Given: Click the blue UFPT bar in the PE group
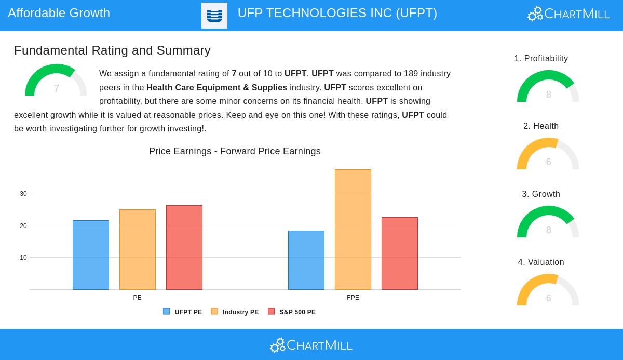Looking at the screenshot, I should click(x=91, y=255).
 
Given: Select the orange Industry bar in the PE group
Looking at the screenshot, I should click(x=138, y=250).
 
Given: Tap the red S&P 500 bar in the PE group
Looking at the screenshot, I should click(x=184, y=248).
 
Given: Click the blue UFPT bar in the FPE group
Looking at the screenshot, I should click(x=306, y=260).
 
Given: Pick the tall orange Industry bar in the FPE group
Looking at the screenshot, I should click(x=353, y=230).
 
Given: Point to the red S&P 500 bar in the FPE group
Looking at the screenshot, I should click(x=400, y=254).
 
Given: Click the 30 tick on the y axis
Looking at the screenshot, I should click(x=23, y=194).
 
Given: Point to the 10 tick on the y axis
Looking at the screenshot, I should click(x=23, y=258).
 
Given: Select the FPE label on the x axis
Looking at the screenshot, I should click(x=353, y=298).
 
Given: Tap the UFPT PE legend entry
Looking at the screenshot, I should click(x=183, y=312).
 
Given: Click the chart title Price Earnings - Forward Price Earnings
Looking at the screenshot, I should click(x=235, y=151).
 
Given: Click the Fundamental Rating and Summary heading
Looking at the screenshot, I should click(x=112, y=50).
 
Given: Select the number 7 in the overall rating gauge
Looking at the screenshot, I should click(x=56, y=88).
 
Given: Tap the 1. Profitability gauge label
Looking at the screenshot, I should click(x=541, y=59).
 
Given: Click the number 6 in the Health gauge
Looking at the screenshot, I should click(x=548, y=162).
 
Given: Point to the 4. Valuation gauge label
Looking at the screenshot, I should click(x=541, y=262).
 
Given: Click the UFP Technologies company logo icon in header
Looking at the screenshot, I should click(x=214, y=16).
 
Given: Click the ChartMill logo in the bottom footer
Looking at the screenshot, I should click(x=311, y=345).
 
